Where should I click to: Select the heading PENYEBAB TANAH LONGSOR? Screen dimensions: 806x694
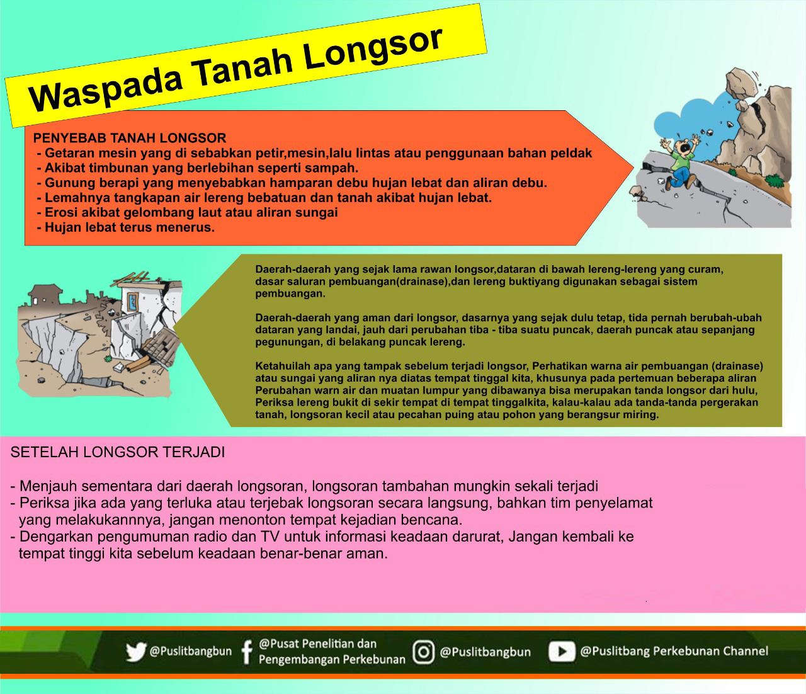pos(130,138)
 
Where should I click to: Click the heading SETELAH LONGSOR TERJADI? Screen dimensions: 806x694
pos(118,452)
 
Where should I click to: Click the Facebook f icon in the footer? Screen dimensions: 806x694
pos(246,652)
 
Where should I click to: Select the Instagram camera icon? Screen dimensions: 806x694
pos(424,652)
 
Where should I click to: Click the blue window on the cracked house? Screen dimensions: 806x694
pos(133,302)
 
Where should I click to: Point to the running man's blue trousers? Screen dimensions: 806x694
pos(681,178)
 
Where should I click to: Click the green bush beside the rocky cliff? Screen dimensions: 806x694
pos(775,181)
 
